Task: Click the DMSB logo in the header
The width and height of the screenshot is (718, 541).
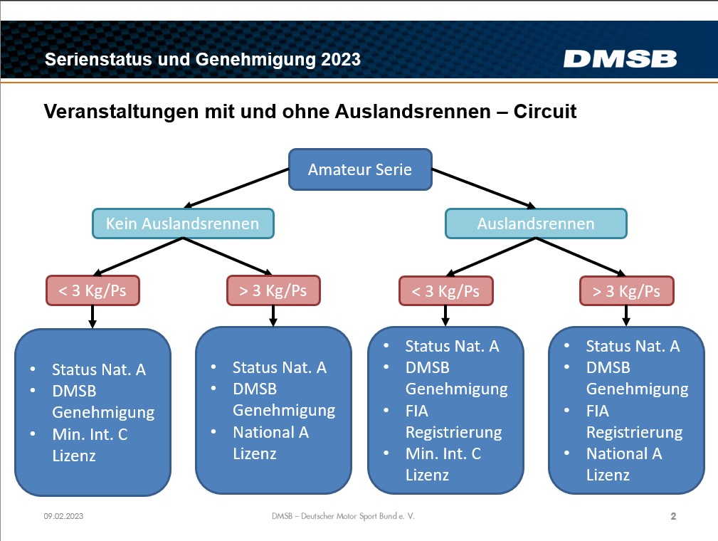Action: point(620,59)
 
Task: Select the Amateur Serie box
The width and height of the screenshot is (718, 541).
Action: point(360,169)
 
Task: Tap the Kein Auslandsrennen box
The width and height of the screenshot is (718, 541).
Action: point(183,224)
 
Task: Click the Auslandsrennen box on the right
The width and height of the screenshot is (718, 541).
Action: point(536,224)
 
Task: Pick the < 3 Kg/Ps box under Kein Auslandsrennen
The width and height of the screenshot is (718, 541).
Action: point(93,290)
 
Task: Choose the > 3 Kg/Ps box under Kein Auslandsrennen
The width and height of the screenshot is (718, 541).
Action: point(273,290)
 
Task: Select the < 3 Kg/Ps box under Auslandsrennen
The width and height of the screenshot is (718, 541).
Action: point(446,291)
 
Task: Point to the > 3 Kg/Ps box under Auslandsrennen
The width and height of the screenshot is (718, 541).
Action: point(626,291)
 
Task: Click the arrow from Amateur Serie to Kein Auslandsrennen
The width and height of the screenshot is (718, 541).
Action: point(236,188)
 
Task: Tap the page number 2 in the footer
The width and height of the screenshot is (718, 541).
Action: point(673,516)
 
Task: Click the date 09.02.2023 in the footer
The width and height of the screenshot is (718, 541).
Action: point(63,516)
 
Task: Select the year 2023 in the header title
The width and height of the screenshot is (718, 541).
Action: point(341,60)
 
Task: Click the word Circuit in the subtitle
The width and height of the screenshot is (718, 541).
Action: point(545,111)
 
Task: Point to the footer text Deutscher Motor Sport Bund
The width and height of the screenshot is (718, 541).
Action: point(349,516)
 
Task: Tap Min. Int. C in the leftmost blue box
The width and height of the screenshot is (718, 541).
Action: point(90,434)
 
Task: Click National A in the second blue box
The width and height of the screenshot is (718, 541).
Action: point(270,432)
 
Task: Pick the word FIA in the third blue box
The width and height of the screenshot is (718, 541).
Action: point(417,411)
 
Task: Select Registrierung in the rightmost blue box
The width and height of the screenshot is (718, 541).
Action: point(634,433)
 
